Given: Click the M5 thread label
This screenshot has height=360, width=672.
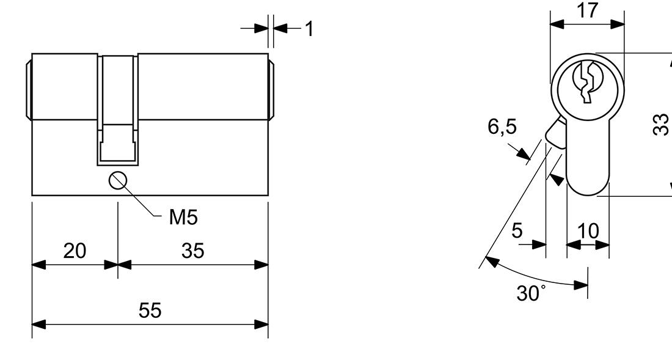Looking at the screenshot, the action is click(183, 218).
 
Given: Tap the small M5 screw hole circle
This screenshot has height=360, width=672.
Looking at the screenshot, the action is click(117, 180).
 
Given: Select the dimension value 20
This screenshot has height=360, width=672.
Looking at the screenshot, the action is click(75, 251).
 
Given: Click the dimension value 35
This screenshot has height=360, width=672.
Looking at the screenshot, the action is click(193, 251).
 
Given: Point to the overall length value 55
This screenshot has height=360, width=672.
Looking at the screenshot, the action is click(150, 310).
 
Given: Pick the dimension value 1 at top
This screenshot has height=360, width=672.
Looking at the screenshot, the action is click(309, 29).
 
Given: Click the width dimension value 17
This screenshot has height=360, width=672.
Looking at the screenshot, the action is click(587, 10).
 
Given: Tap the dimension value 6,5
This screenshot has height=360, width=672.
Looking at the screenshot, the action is click(502, 127).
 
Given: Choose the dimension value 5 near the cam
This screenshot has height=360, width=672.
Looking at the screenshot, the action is click(517, 230).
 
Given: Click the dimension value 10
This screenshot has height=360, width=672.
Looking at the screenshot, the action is click(588, 232).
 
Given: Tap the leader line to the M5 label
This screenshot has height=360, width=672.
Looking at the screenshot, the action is click(140, 199).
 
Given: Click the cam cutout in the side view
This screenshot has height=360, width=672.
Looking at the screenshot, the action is click(118, 110).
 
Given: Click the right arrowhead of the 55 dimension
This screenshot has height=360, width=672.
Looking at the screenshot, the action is click(261, 325).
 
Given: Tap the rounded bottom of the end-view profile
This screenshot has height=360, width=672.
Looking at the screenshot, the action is click(588, 186).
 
